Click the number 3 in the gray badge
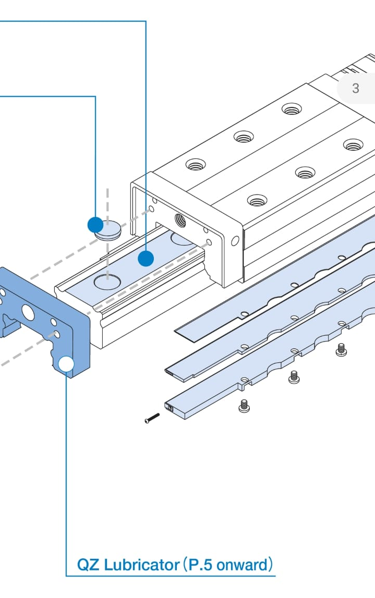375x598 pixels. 356,88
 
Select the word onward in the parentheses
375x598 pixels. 241,565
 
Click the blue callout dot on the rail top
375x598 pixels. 146,258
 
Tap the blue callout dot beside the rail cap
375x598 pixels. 95,225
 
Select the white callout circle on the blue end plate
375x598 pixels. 66,364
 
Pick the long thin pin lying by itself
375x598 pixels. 152,418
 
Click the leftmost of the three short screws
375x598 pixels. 244,405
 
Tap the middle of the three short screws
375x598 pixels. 294,376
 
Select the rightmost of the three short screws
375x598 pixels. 342,349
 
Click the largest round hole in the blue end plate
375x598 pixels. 27,313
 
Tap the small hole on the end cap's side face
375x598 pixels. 235,241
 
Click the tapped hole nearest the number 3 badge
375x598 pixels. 292,109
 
